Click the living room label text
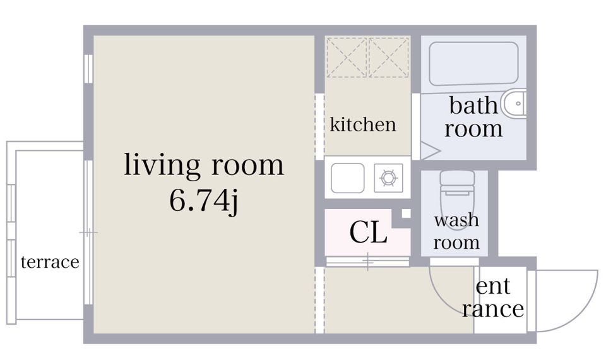[x=204, y=165]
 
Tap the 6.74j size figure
[x=204, y=201]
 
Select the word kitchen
[x=363, y=124]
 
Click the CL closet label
[x=368, y=232]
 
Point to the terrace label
[x=50, y=261]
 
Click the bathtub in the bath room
[x=473, y=64]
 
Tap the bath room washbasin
[x=514, y=104]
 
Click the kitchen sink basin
[x=347, y=178]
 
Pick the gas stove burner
[x=388, y=178]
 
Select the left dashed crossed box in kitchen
[x=347, y=57]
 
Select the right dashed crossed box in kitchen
[x=389, y=57]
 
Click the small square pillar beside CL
[x=406, y=213]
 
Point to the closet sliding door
[x=367, y=261]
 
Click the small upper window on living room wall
[x=88, y=69]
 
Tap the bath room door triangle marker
[x=430, y=151]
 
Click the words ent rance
[x=493, y=297]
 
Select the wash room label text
[x=456, y=231]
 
